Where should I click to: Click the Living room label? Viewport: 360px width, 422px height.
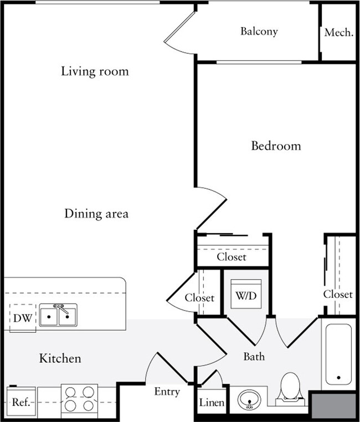tap(95, 71)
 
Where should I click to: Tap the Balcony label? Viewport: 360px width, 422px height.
tap(259, 32)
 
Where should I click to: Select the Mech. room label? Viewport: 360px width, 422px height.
tap(338, 33)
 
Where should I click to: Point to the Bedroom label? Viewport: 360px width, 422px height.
tap(276, 146)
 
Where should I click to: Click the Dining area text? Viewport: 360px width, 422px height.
tap(96, 213)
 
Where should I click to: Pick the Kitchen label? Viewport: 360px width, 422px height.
tap(60, 358)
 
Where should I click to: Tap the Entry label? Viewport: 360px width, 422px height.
tap(167, 392)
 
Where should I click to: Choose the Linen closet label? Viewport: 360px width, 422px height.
tap(212, 403)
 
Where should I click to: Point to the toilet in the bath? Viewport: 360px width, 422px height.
tap(290, 388)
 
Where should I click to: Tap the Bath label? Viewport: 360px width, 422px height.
tap(254, 357)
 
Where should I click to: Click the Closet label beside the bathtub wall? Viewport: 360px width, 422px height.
tap(338, 294)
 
